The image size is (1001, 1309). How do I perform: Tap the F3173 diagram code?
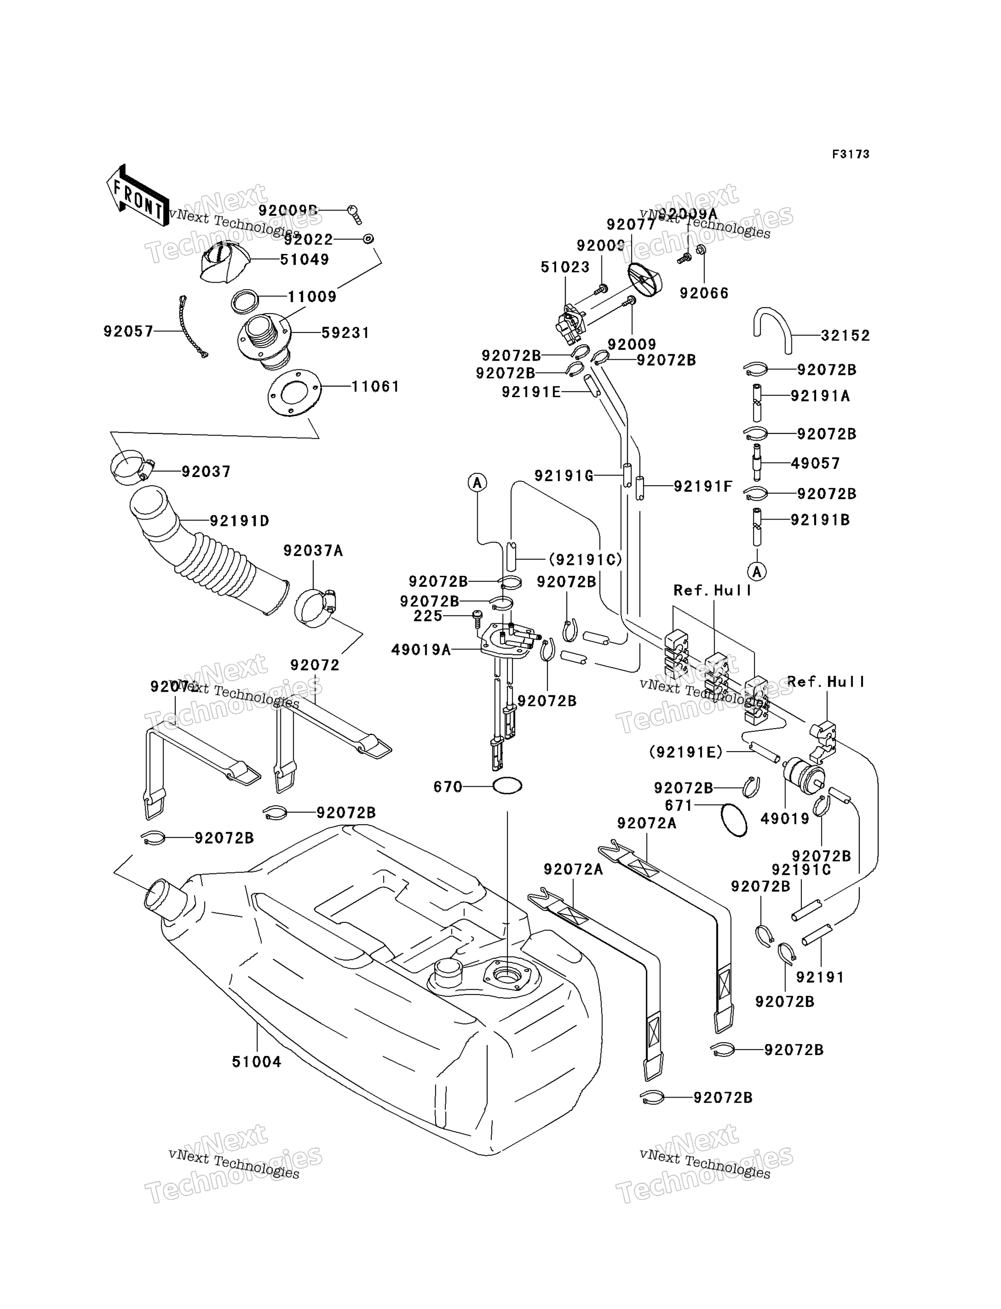[850, 154]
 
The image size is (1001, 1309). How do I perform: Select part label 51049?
[305, 260]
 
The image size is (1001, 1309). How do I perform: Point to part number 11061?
[375, 387]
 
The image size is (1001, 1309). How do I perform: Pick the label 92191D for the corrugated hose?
[240, 521]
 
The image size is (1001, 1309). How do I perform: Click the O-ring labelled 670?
[507, 787]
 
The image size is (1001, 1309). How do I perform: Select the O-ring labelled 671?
[733, 820]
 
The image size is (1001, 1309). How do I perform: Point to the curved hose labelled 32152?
[772, 328]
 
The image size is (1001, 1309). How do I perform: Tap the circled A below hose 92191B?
[757, 572]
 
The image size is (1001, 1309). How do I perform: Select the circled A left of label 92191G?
[477, 483]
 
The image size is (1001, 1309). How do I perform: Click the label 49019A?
[421, 650]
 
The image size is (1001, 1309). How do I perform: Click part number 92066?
[704, 293]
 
